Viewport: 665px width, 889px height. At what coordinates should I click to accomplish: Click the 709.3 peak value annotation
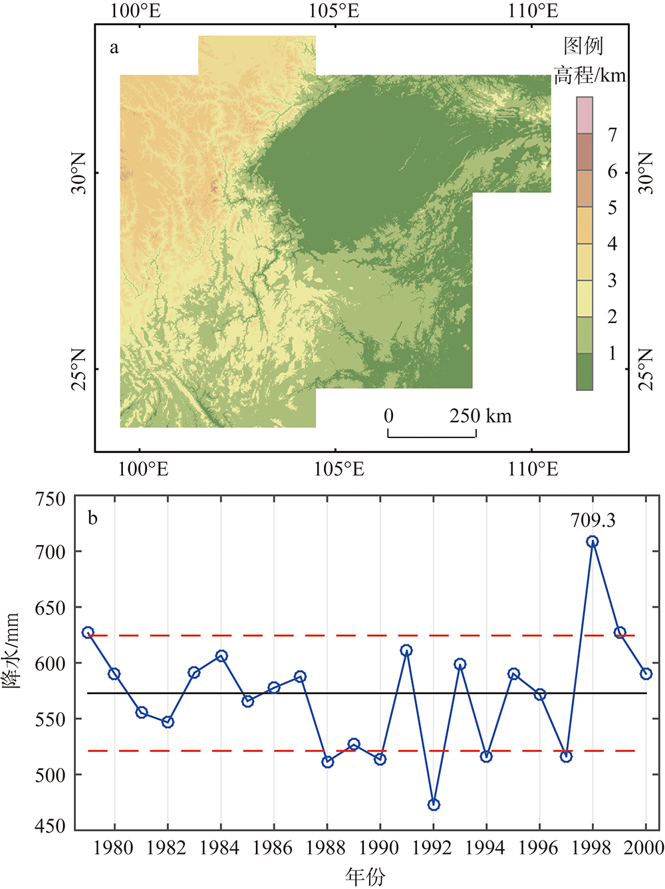pyautogui.click(x=593, y=520)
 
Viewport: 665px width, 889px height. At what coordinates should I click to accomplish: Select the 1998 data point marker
pyautogui.click(x=593, y=542)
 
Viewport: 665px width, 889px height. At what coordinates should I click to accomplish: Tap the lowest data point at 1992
pyautogui.click(x=434, y=805)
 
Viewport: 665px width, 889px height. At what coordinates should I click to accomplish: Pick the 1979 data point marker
pyautogui.click(x=88, y=632)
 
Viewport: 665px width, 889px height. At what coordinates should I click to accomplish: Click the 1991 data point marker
pyautogui.click(x=406, y=650)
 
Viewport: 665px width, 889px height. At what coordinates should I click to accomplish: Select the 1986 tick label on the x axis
pyautogui.click(x=273, y=848)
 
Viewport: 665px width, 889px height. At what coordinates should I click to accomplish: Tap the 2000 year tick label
pyautogui.click(x=645, y=848)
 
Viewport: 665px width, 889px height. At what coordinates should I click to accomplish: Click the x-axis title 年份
pyautogui.click(x=365, y=876)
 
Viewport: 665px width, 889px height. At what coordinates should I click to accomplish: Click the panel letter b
pyautogui.click(x=92, y=518)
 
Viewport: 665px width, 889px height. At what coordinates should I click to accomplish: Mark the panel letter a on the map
pyautogui.click(x=114, y=48)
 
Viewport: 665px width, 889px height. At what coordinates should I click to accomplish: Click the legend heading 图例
pyautogui.click(x=583, y=46)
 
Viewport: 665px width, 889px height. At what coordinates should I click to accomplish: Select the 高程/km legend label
pyautogui.click(x=590, y=75)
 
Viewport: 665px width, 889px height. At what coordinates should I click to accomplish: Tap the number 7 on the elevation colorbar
pyautogui.click(x=612, y=135)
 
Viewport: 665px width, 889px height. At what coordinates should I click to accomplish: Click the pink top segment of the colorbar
pyautogui.click(x=585, y=115)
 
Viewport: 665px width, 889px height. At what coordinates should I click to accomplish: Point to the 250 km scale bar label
pyautogui.click(x=480, y=416)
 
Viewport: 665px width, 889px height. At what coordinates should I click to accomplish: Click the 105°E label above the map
pyautogui.click(x=334, y=11)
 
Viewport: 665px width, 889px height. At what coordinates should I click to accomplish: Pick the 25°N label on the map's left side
pyautogui.click(x=78, y=369)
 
